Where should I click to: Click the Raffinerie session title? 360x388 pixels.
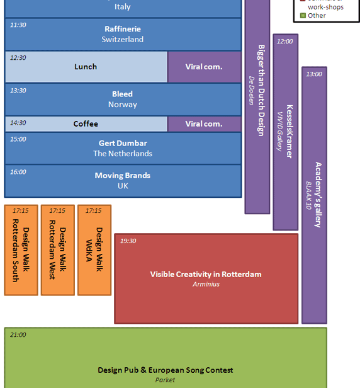123,29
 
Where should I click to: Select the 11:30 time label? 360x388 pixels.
18,25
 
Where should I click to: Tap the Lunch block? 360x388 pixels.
86,67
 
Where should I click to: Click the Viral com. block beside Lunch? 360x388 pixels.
204,67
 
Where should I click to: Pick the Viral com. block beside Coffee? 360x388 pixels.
204,124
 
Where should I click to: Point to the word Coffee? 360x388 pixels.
86,123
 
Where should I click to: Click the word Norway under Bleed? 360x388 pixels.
123,105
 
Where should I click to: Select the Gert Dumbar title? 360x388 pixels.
123,143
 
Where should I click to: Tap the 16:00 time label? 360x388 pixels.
18,172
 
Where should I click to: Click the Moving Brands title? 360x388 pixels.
123,176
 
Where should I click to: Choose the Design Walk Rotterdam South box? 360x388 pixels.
21,250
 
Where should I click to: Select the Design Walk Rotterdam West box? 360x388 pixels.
58,250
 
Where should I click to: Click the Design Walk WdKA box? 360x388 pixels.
94,250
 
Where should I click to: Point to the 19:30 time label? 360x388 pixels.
128,241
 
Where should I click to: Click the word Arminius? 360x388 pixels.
206,284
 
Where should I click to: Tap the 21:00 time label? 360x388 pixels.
18,335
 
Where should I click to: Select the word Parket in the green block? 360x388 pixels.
165,380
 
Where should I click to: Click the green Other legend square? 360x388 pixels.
303,16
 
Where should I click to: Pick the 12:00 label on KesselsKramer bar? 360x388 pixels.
285,42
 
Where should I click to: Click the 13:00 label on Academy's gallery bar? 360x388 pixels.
314,74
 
